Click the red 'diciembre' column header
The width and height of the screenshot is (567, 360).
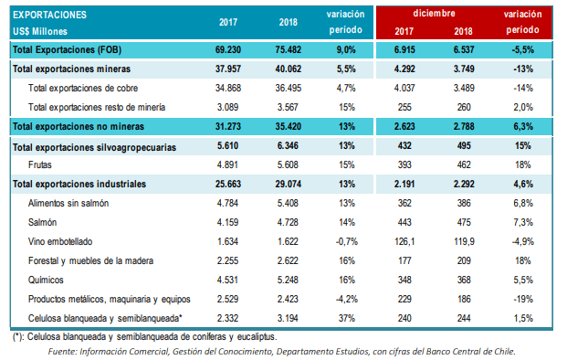434,14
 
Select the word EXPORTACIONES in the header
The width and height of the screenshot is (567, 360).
49,15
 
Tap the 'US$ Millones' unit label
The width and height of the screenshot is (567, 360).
40,31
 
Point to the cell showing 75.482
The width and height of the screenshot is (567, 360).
288,49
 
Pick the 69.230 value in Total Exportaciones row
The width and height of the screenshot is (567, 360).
228,49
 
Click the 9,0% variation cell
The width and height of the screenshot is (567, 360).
346,49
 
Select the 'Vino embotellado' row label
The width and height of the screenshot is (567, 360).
60,241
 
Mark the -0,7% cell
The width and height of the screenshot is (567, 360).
346,241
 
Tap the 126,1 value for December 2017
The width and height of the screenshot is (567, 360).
404,241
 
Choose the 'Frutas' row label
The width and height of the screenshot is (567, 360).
40,164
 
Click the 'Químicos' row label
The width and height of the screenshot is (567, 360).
46,280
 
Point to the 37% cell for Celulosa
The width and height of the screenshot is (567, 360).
346,318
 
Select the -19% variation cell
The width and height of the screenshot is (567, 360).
522,299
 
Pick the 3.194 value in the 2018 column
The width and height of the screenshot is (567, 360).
288,318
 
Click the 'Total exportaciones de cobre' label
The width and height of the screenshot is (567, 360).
83,88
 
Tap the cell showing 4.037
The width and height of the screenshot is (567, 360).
404,88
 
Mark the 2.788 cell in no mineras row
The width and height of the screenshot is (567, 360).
464,126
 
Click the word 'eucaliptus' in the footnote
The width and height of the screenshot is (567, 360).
257,337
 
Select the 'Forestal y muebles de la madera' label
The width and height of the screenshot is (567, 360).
90,260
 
